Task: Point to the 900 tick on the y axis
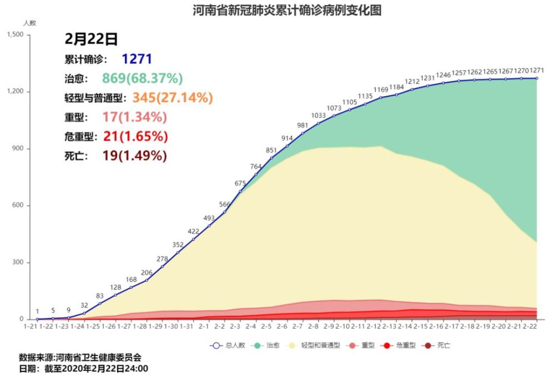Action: click(x=18, y=148)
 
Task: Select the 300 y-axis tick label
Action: click(x=18, y=262)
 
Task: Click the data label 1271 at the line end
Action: click(x=537, y=71)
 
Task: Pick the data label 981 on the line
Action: click(x=302, y=125)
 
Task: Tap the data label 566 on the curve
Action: click(x=225, y=204)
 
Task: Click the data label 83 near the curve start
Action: click(x=100, y=296)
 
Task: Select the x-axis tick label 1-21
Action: click(x=30, y=327)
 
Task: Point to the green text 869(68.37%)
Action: click(x=142, y=78)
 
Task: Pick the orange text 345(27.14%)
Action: click(x=172, y=98)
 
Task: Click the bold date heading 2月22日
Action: click(x=92, y=38)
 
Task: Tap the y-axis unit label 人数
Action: click(x=29, y=23)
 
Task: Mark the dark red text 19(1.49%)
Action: click(x=134, y=156)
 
